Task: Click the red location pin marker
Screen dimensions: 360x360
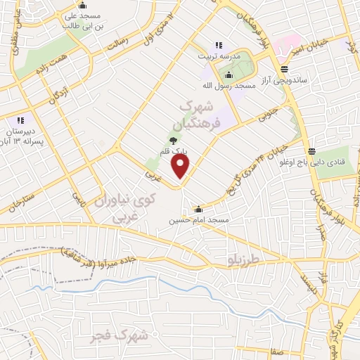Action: pos(181,165)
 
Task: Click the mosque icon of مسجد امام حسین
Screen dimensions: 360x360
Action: pos(199,209)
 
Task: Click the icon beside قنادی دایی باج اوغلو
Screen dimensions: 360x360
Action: pos(311,152)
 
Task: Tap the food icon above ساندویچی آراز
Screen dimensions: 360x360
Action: pos(283,69)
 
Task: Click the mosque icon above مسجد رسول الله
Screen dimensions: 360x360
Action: pos(227,75)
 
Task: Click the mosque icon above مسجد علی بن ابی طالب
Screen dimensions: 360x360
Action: pos(82,5)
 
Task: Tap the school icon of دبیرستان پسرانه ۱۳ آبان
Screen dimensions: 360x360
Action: pos(20,120)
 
